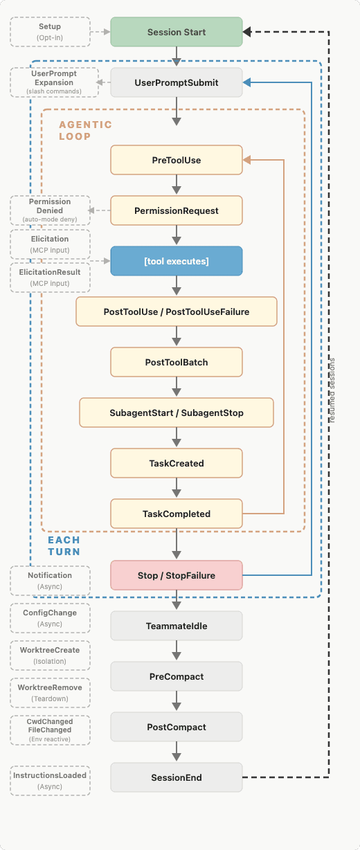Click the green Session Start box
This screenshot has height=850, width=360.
point(177,32)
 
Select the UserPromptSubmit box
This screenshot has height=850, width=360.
point(177,82)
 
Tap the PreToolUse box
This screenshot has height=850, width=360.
point(177,160)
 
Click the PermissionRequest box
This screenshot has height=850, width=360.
point(177,210)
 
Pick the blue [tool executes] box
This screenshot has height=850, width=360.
point(177,261)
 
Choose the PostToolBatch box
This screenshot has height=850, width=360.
point(177,362)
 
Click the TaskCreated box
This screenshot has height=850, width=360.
point(177,463)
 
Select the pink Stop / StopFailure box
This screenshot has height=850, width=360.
point(177,575)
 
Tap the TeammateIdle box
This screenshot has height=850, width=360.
point(177,626)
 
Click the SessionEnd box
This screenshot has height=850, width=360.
point(177,777)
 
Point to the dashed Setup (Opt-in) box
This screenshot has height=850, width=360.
point(50,32)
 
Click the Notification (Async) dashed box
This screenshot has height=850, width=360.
point(50,581)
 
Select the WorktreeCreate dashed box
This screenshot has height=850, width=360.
point(50,655)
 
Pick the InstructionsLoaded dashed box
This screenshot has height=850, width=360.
point(50,781)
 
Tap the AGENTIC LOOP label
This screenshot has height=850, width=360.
point(85,130)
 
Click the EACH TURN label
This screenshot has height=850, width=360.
point(64,545)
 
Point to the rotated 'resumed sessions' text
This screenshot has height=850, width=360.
point(332,390)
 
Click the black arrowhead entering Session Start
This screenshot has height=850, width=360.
point(246,32)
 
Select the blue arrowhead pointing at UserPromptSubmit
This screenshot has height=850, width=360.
point(246,82)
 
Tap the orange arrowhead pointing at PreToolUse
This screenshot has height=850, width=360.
point(246,160)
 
